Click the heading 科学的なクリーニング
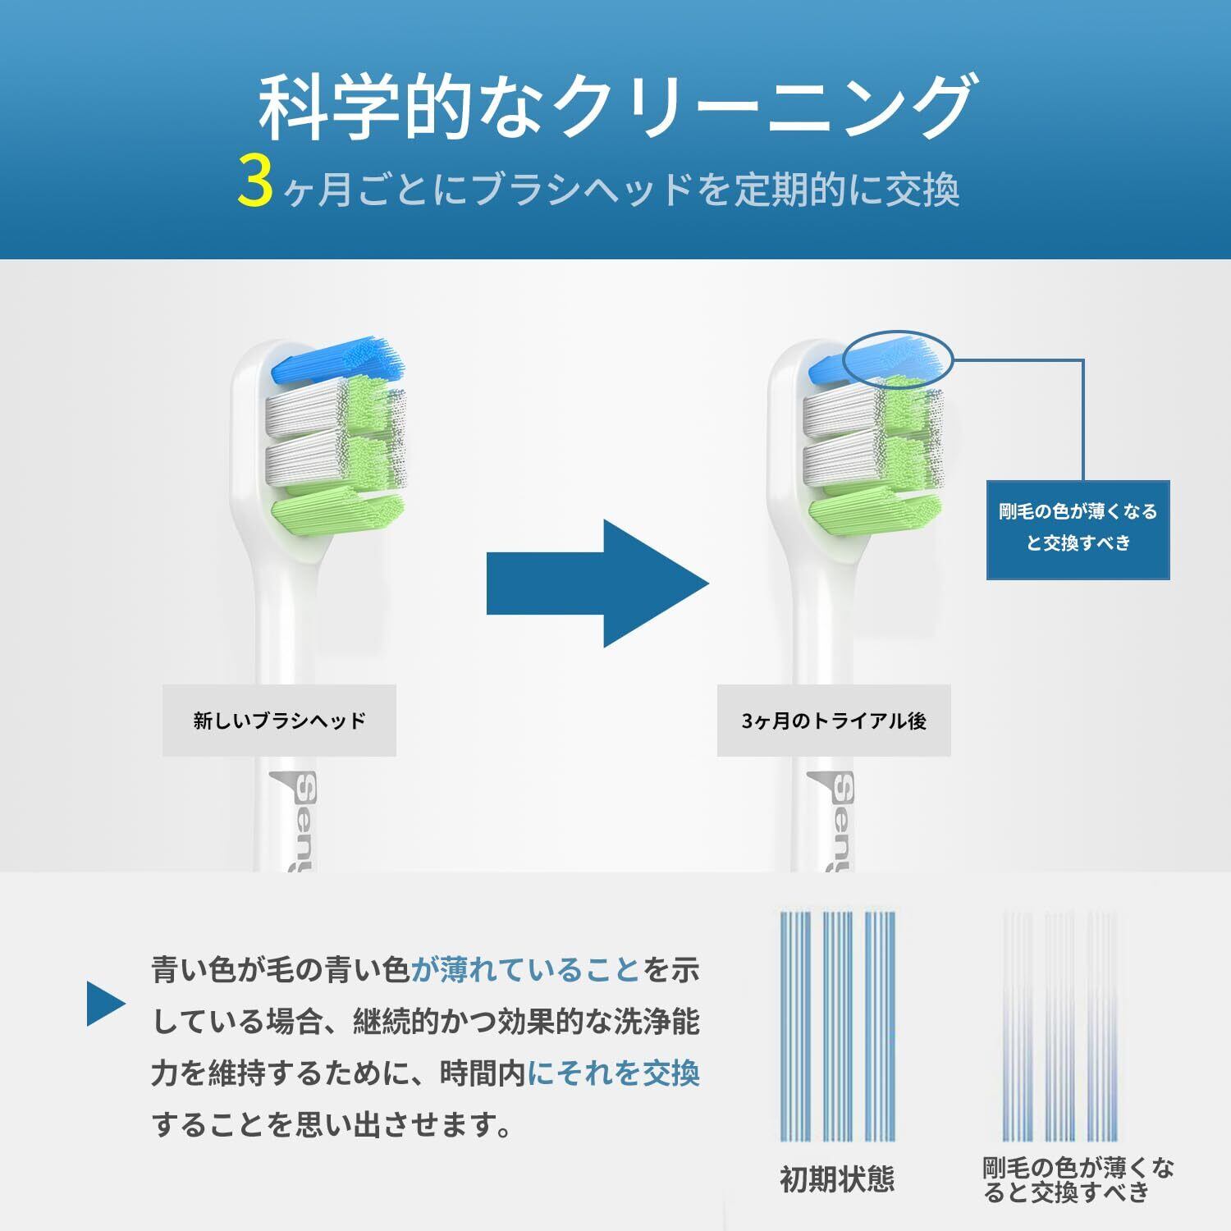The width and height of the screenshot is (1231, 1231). [615, 108]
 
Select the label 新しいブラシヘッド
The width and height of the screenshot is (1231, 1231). [279, 721]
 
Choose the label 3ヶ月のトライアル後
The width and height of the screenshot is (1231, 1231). [834, 721]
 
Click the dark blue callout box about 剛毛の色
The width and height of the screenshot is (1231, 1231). [1078, 529]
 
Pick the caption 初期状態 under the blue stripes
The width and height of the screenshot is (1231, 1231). [836, 1179]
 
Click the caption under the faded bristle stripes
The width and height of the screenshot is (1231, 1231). [1078, 1179]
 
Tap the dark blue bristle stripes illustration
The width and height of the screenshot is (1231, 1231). [837, 1026]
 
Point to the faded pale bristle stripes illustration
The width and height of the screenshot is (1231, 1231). [1059, 1026]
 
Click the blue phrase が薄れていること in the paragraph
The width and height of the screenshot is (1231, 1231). [525, 971]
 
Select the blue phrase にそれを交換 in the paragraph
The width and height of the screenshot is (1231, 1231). [614, 1073]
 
